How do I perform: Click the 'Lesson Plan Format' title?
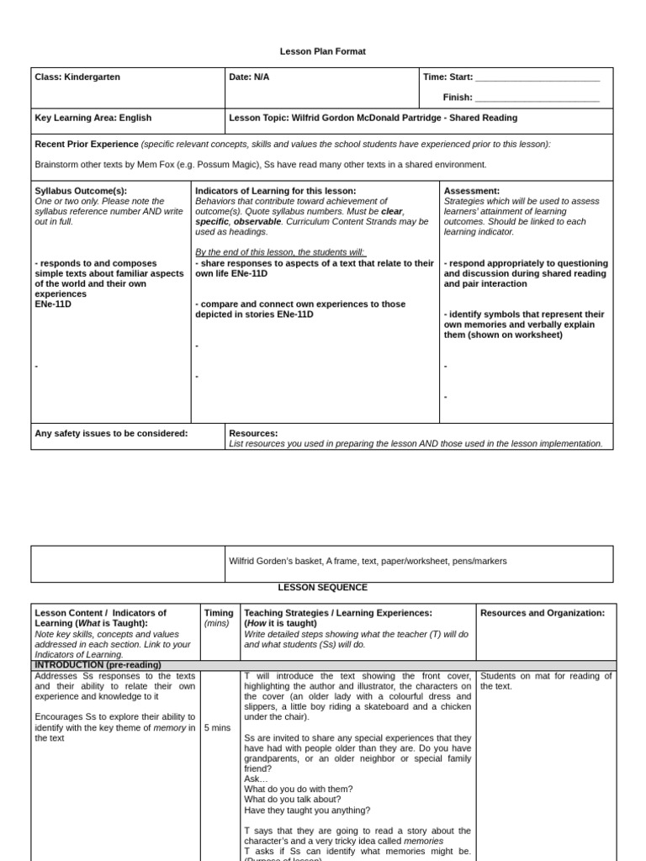[x=323, y=51]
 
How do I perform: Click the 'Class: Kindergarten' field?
[x=77, y=77]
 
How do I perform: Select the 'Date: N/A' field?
[x=249, y=77]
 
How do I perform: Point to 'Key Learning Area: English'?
[x=93, y=119]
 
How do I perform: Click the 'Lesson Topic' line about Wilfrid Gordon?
[x=373, y=119]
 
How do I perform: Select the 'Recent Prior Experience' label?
[x=87, y=144]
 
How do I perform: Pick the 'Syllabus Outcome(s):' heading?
[x=81, y=191]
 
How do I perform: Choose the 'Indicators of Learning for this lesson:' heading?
[x=276, y=191]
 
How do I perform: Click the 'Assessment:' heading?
[x=472, y=191]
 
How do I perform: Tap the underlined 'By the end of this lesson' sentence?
[x=280, y=252]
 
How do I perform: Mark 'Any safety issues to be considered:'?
[x=111, y=434]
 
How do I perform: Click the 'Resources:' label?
[x=253, y=434]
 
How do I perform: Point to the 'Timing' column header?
[x=219, y=613]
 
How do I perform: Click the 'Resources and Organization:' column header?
[x=543, y=613]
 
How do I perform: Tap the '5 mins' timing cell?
[x=217, y=727]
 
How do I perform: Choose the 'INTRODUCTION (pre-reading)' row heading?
[x=98, y=665]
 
